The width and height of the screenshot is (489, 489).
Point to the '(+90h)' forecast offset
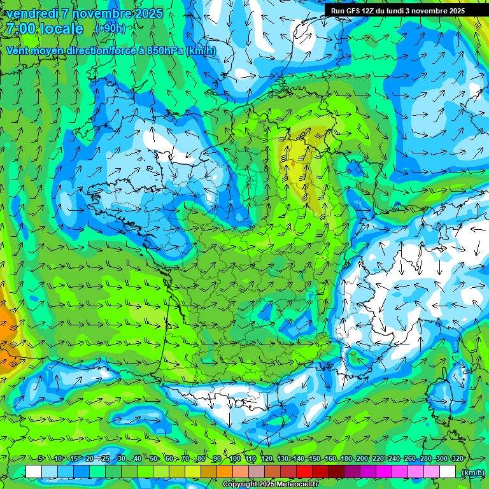[110, 29]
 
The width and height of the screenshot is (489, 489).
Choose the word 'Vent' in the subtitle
[18, 50]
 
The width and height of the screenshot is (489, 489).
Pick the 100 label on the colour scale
[234, 459]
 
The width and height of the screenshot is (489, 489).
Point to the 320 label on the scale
[457, 459]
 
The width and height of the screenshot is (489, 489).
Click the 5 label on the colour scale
[41, 459]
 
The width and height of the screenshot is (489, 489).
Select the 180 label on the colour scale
[346, 459]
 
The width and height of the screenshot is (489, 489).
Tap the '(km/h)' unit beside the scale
[472, 472]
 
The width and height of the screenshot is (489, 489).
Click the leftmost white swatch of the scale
[33, 472]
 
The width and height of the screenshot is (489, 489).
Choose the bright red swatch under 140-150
[304, 472]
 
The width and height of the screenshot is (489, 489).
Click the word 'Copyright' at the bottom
[240, 484]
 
